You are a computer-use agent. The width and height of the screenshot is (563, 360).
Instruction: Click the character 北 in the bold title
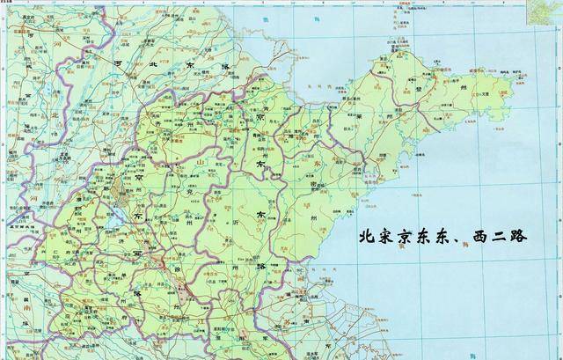[368, 239]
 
